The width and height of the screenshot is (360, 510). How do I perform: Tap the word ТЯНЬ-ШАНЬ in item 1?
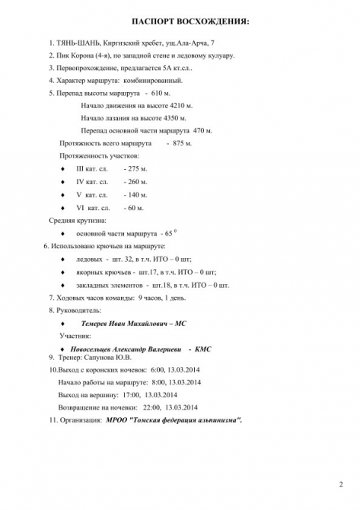[78, 43]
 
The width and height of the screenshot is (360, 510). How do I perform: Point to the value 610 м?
[163, 93]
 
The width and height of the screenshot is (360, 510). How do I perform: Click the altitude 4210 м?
[177, 105]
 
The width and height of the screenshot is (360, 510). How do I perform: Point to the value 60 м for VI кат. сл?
[135, 207]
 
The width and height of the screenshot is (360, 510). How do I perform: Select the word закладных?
[99, 285]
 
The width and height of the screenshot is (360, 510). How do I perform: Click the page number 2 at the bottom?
[340, 484]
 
